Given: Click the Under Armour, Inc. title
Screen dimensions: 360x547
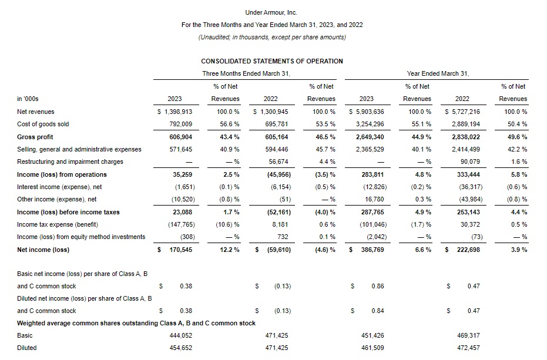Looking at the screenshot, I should coord(271,12).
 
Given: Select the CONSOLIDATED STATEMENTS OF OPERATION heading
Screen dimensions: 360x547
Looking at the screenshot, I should coord(271,61).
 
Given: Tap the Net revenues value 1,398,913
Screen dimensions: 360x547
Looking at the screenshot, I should coord(174,112).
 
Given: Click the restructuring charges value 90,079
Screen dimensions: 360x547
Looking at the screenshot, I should coord(468,162).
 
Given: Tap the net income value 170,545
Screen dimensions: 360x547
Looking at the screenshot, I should coord(179,250).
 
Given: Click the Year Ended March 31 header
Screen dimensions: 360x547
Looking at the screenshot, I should coord(437,73).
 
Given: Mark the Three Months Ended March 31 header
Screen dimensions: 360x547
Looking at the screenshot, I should coord(246,73).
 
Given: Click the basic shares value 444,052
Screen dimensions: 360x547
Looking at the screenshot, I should coord(180,335).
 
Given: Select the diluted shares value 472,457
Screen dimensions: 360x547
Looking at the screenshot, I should coord(468,348).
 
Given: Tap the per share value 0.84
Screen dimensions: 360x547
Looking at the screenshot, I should coord(378,311).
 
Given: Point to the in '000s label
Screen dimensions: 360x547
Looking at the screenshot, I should coord(28,99).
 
